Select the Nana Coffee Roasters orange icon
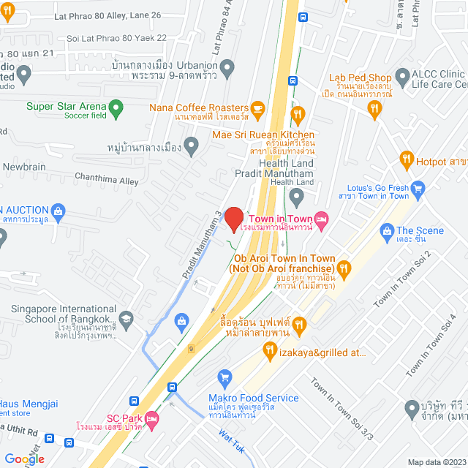[257, 107]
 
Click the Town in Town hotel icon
[321, 219]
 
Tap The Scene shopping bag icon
[387, 231]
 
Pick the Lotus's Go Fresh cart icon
[418, 189]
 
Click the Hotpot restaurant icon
[407, 159]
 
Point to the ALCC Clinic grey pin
[401, 75]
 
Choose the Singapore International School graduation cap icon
[127, 319]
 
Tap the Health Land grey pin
[296, 195]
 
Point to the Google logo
[24, 459]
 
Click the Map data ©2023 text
[436, 461]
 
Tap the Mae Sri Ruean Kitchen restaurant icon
[297, 114]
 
